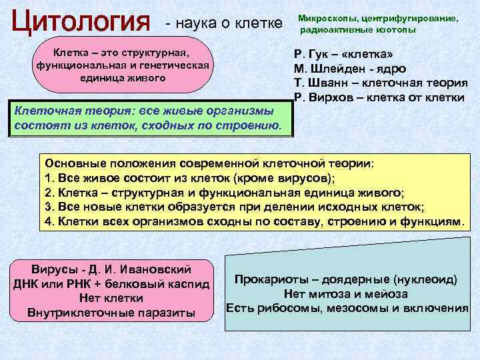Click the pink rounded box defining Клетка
[121, 65]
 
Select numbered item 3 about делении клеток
[233, 206]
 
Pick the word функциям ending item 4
[428, 221]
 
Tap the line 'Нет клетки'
[111, 298]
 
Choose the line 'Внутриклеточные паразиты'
[111, 313]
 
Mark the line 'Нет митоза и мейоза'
[345, 293]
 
